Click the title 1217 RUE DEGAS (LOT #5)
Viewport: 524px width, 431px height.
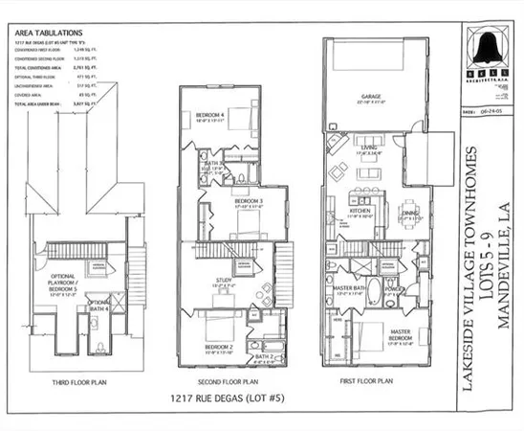click(225, 398)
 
